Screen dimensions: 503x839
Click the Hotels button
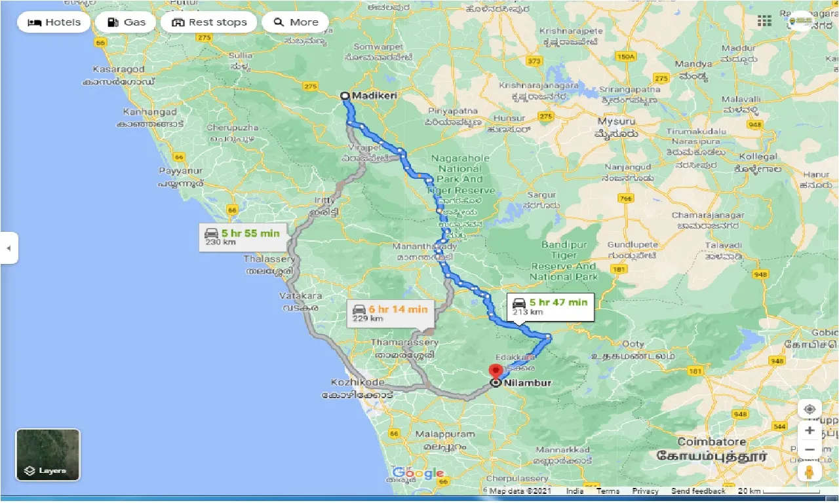click(54, 22)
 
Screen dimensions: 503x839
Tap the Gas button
click(125, 22)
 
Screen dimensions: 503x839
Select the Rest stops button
click(209, 22)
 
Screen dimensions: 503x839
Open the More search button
click(295, 22)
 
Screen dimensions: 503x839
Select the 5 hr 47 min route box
click(550, 306)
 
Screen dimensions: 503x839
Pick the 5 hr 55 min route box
click(243, 236)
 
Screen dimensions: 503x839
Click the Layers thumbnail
click(48, 455)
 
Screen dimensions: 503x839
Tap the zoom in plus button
click(810, 430)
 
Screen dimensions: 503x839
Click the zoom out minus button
click(810, 450)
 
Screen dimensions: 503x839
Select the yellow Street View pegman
click(810, 472)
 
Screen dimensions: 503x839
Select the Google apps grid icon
click(764, 21)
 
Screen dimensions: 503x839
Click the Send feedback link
click(698, 491)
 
